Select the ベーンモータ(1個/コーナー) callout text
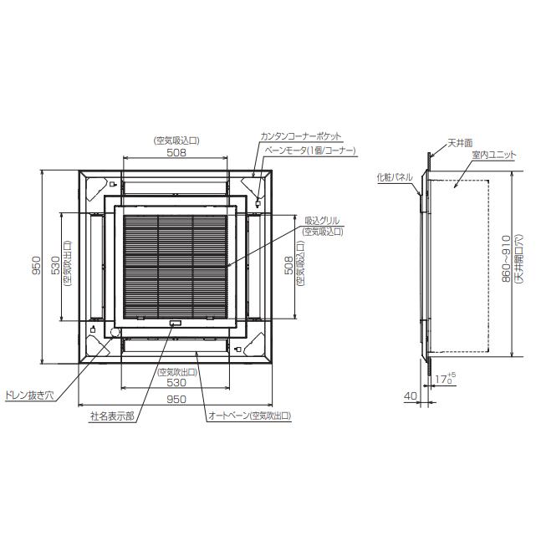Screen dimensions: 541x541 coord(311,150)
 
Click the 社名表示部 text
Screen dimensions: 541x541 coord(112,415)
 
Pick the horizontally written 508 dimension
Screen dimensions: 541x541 coord(176,152)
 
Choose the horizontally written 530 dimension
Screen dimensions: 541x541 coord(176,381)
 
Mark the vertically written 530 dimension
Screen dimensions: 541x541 coord(56,266)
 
